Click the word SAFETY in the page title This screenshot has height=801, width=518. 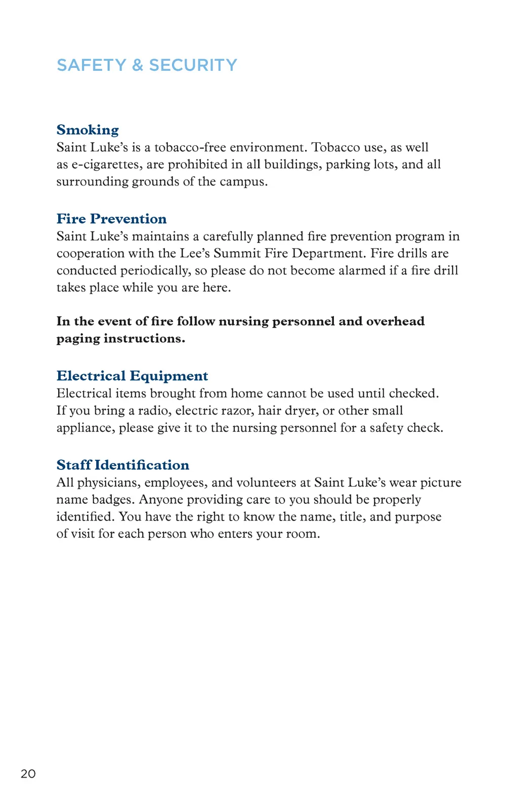pos(91,65)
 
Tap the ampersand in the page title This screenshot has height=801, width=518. pos(138,65)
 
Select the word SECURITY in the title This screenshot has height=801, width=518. pos(193,65)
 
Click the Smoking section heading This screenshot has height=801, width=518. pos(88,130)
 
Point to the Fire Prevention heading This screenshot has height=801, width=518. pos(111,219)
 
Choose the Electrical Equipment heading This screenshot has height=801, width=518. pos(132,376)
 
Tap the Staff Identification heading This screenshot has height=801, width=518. pos(122,465)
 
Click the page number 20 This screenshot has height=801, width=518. pos(28,774)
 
